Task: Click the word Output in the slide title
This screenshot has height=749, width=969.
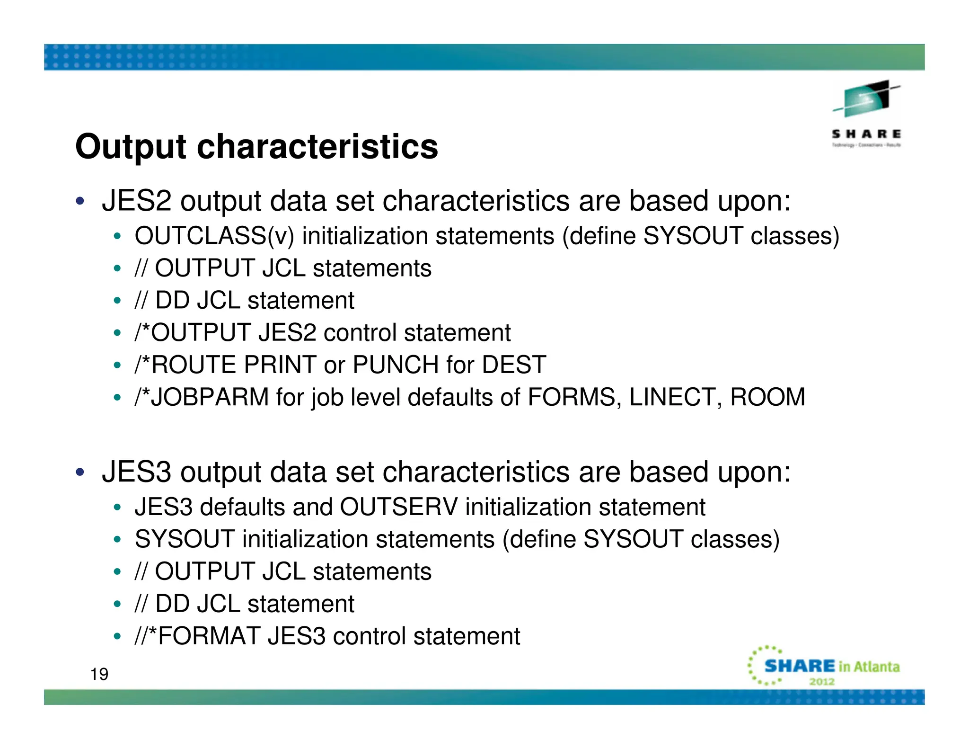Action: (x=131, y=147)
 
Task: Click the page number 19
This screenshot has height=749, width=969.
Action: (x=99, y=674)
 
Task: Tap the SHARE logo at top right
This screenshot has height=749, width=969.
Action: (x=867, y=114)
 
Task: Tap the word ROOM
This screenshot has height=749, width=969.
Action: (x=767, y=397)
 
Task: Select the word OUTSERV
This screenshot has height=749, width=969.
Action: (x=399, y=507)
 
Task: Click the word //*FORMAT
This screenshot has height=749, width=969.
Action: (x=198, y=636)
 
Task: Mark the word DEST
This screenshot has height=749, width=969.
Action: (x=514, y=365)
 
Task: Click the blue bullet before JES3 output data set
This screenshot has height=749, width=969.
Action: (x=80, y=472)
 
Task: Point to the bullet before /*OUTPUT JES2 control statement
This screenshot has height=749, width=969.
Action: (x=117, y=333)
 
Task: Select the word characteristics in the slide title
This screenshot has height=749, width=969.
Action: (x=317, y=147)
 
